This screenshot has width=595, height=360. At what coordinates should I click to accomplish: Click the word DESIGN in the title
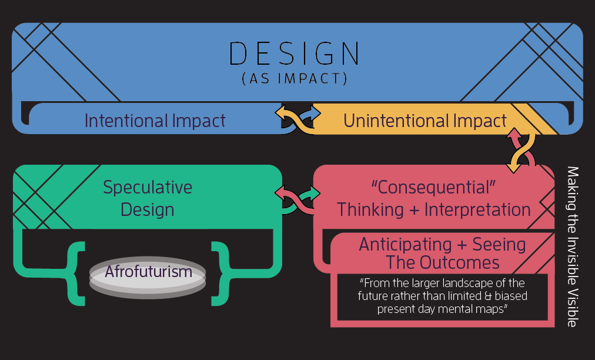pos(295,54)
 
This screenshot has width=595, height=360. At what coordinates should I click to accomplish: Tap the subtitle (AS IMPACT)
pos(295,79)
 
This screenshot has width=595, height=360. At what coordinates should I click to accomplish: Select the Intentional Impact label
pos(155,121)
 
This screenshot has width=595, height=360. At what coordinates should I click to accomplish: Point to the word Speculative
pos(148,187)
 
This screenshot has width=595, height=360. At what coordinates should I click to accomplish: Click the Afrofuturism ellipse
pos(148,277)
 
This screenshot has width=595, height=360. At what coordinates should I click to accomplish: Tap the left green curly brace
pos(76,274)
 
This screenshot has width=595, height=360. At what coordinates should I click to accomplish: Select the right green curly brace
pos(220,274)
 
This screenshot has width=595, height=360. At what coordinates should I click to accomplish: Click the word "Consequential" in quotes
pos(433,187)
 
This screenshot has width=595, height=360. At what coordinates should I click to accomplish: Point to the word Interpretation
pos(477,209)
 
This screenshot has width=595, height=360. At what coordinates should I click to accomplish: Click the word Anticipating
pos(405,245)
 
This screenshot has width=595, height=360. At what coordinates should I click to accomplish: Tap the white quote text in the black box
pos(443,296)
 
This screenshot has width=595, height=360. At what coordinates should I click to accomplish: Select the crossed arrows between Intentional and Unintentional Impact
pos(298,118)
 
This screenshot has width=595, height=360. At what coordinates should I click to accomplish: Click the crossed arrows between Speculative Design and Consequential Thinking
pos(297,199)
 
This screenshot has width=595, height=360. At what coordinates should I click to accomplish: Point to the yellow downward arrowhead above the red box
pos(513,167)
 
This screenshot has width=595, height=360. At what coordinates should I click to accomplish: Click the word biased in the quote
pos(511,296)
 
